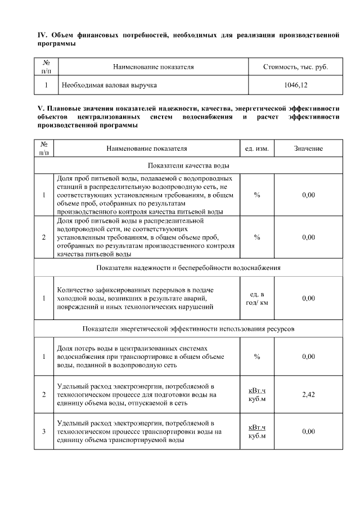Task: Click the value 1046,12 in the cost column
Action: click(295, 85)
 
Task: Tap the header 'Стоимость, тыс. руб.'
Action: click(295, 67)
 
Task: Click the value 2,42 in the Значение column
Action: click(308, 394)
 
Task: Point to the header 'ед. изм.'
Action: click(257, 148)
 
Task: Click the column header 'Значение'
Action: click(308, 148)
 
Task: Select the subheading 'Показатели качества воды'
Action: click(188, 165)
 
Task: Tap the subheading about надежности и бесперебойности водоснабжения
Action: click(188, 267)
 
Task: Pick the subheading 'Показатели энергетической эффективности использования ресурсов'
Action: click(188, 328)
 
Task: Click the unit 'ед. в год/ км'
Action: click(257, 299)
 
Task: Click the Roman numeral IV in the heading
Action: click(41, 35)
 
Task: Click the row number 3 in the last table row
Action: click(44, 431)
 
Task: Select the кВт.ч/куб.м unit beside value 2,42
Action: click(257, 394)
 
